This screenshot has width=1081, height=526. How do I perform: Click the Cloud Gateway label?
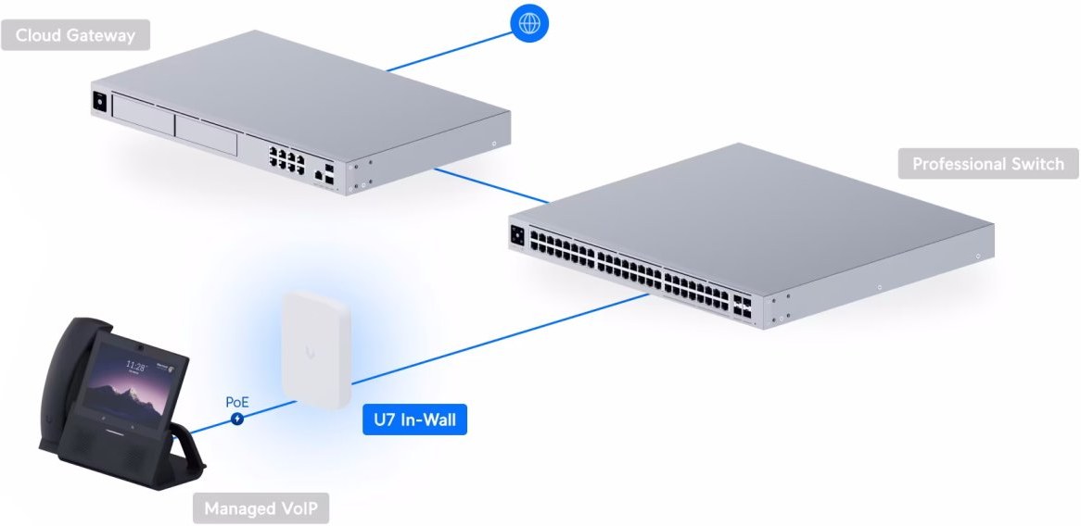tap(75, 36)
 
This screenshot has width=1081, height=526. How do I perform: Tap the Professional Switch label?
tap(988, 164)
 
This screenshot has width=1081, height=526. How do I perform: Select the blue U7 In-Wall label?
tap(414, 420)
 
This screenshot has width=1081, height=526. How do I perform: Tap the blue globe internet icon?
tap(528, 23)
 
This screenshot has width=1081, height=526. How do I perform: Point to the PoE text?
tap(237, 403)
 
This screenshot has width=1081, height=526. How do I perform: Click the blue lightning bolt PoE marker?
tap(237, 419)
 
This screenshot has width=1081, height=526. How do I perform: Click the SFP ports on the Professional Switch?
tap(742, 307)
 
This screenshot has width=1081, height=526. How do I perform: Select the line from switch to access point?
tap(501, 339)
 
